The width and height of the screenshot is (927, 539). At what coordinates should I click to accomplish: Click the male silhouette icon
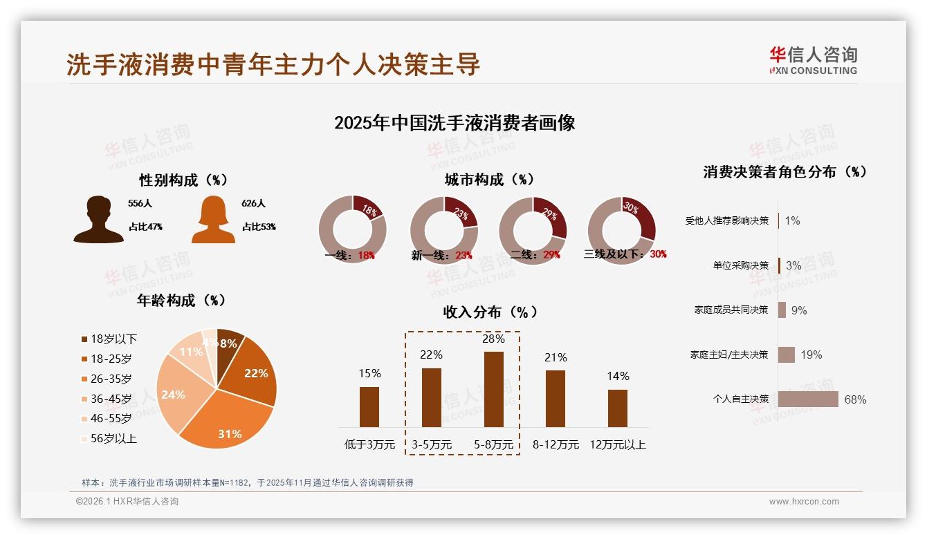[x=98, y=220]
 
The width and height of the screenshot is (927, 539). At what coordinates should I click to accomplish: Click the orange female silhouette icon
[x=213, y=220]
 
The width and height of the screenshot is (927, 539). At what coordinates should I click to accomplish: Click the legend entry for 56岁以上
[x=109, y=438]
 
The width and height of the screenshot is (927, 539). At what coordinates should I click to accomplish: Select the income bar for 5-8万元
[x=493, y=389]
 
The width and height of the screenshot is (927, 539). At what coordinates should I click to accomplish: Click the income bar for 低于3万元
[x=369, y=406]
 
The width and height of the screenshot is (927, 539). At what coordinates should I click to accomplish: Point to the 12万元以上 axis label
[x=617, y=445]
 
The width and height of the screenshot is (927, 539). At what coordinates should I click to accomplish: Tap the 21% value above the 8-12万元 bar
[x=556, y=357]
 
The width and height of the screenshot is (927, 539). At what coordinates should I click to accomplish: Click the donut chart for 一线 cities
[x=352, y=229]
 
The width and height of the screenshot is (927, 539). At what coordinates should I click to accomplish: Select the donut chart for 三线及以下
[x=621, y=229]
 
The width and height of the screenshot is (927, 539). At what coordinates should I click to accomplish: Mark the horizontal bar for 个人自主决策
[x=807, y=399]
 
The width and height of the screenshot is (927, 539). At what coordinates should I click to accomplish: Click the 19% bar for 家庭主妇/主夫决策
[x=786, y=354]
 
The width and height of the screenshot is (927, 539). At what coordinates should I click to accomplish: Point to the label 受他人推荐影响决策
[x=726, y=220]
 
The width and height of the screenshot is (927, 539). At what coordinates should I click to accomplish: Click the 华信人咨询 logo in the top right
[x=813, y=60]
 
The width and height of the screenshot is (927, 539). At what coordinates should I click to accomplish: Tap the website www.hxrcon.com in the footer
[x=804, y=502]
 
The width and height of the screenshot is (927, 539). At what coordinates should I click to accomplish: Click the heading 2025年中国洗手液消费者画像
[x=455, y=123]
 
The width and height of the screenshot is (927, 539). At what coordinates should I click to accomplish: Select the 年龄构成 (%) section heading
[x=181, y=301]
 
